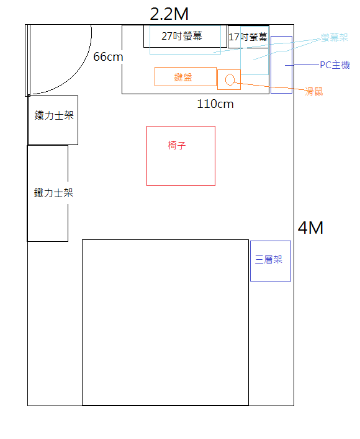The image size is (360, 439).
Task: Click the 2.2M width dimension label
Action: [169, 14]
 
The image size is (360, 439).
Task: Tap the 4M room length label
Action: [310, 228]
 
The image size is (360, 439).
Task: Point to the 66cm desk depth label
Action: [108, 57]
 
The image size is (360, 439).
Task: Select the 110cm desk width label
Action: [215, 104]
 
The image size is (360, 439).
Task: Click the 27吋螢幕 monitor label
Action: [182, 36]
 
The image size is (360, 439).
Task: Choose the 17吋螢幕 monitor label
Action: [248, 37]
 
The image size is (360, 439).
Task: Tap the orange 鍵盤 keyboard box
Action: [186, 76]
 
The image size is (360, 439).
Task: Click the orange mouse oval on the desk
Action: [230, 79]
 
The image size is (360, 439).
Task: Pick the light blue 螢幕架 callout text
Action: [335, 38]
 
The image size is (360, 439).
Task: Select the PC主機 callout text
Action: [335, 65]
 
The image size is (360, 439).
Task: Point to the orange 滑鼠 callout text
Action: [314, 92]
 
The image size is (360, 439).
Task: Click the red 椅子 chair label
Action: [177, 145]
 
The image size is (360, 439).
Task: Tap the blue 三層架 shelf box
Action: [271, 261]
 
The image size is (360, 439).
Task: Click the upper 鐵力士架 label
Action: [54, 115]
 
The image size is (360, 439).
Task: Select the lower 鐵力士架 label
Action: [53, 193]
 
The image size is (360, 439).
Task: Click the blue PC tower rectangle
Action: [281, 64]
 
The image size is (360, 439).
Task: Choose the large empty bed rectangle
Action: [165, 322]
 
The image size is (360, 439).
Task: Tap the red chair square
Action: [181, 156]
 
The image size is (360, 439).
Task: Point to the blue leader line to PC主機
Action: [302, 65]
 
